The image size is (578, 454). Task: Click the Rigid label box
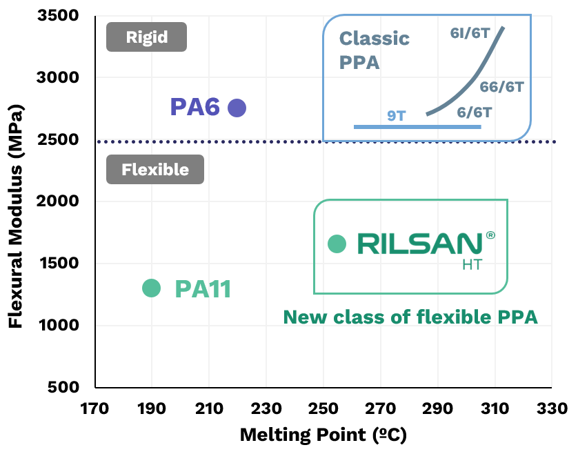click(x=146, y=37)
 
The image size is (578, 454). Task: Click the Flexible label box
click(x=155, y=169)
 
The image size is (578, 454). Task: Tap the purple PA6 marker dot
click(x=237, y=108)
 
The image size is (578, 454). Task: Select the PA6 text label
click(x=195, y=108)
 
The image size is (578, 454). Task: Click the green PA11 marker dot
click(x=151, y=288)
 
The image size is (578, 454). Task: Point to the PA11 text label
click(x=203, y=289)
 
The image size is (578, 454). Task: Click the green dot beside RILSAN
click(x=337, y=244)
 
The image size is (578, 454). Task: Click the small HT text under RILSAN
click(x=472, y=264)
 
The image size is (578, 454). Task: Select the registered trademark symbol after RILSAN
click(x=490, y=235)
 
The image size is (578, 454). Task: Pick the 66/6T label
click(x=501, y=87)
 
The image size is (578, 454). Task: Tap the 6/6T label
click(x=475, y=112)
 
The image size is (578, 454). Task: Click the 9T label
click(x=397, y=115)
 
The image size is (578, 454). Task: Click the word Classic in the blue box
click(x=375, y=39)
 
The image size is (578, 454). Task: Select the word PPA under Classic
click(x=359, y=63)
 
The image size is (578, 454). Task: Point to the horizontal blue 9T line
click(x=417, y=127)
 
